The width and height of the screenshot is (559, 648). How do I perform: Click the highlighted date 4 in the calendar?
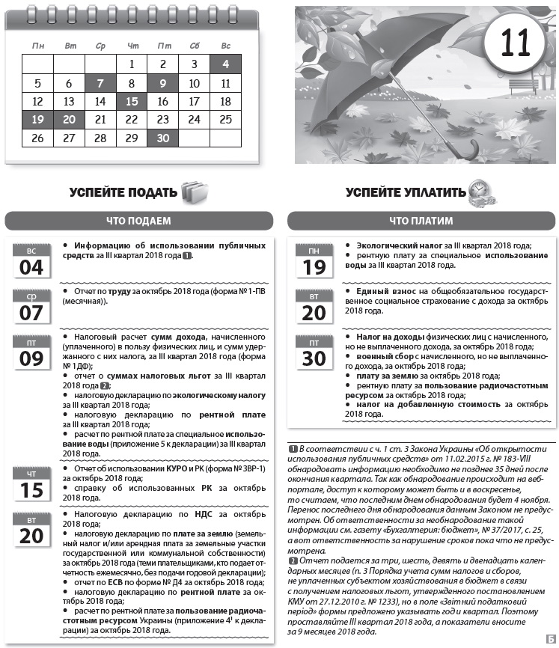click(x=225, y=64)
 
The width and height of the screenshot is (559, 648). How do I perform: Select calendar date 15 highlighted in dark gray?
click(x=132, y=101)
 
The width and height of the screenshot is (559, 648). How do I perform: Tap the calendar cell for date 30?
click(x=162, y=138)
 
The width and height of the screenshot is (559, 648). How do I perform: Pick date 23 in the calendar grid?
click(x=162, y=120)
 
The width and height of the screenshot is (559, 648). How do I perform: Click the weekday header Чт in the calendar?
click(x=132, y=46)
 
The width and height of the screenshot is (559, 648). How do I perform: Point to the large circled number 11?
click(x=516, y=43)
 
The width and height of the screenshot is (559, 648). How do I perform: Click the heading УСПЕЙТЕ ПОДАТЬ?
click(x=123, y=192)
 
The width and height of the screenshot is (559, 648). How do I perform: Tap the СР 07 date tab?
click(x=31, y=306)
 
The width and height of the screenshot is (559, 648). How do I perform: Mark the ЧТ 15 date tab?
click(x=31, y=484)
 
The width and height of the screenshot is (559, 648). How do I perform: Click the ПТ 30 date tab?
click(x=314, y=352)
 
